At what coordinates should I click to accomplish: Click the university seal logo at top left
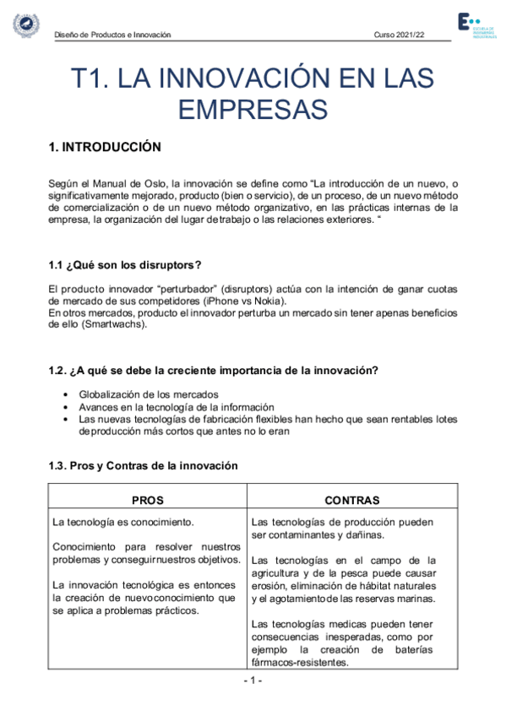coord(24,25)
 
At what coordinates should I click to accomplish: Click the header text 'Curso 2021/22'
coord(399,35)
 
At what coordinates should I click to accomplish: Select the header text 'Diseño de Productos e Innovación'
coord(112,35)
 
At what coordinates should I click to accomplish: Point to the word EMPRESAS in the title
coord(253,109)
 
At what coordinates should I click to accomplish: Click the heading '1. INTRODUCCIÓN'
coord(105,147)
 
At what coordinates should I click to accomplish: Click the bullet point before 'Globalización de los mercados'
coord(66,394)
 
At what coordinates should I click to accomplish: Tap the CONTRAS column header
coord(352,500)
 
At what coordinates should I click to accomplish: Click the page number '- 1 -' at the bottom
coord(253,681)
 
